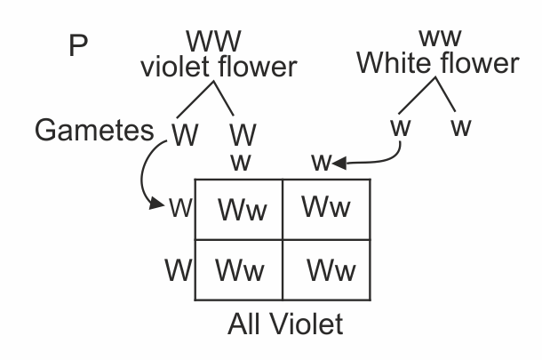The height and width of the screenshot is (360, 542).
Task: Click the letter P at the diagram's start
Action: click(x=78, y=46)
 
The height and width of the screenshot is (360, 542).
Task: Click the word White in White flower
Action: click(x=396, y=63)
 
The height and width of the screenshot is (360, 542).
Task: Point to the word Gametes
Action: click(x=95, y=131)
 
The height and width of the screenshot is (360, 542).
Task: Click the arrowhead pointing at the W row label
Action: click(x=159, y=205)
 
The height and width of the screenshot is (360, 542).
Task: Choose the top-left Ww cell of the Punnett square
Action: click(x=239, y=212)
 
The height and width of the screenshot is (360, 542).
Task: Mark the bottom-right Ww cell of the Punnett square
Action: click(x=331, y=268)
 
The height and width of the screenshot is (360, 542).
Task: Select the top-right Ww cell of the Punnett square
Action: click(x=326, y=207)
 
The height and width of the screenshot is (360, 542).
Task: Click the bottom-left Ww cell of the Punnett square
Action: click(x=240, y=268)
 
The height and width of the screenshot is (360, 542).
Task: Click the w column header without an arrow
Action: click(x=240, y=163)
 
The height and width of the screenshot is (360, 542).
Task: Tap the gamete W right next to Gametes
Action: click(x=185, y=133)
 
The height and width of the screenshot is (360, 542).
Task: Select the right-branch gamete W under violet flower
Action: click(x=242, y=135)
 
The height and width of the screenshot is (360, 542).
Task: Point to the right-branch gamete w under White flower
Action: click(x=460, y=127)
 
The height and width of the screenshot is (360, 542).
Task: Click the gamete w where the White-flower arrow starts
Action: click(x=401, y=127)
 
